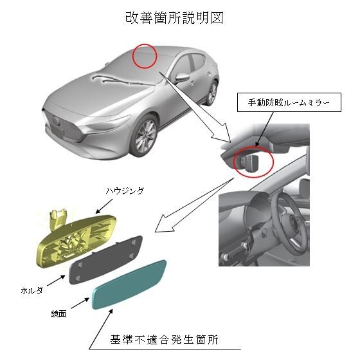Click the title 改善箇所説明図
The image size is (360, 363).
174,18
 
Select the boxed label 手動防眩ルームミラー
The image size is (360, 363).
289,102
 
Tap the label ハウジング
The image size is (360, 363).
125,191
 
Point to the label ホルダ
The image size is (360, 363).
32,290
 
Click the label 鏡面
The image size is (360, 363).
59,314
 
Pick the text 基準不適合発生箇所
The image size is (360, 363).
164,340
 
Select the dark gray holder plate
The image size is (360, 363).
105,259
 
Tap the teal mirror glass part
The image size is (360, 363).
129,284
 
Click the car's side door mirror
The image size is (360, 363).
182,77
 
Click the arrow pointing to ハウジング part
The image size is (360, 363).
104,206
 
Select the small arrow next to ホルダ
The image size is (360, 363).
56,280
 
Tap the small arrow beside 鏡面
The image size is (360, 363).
80,303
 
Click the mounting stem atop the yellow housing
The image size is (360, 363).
58,218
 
